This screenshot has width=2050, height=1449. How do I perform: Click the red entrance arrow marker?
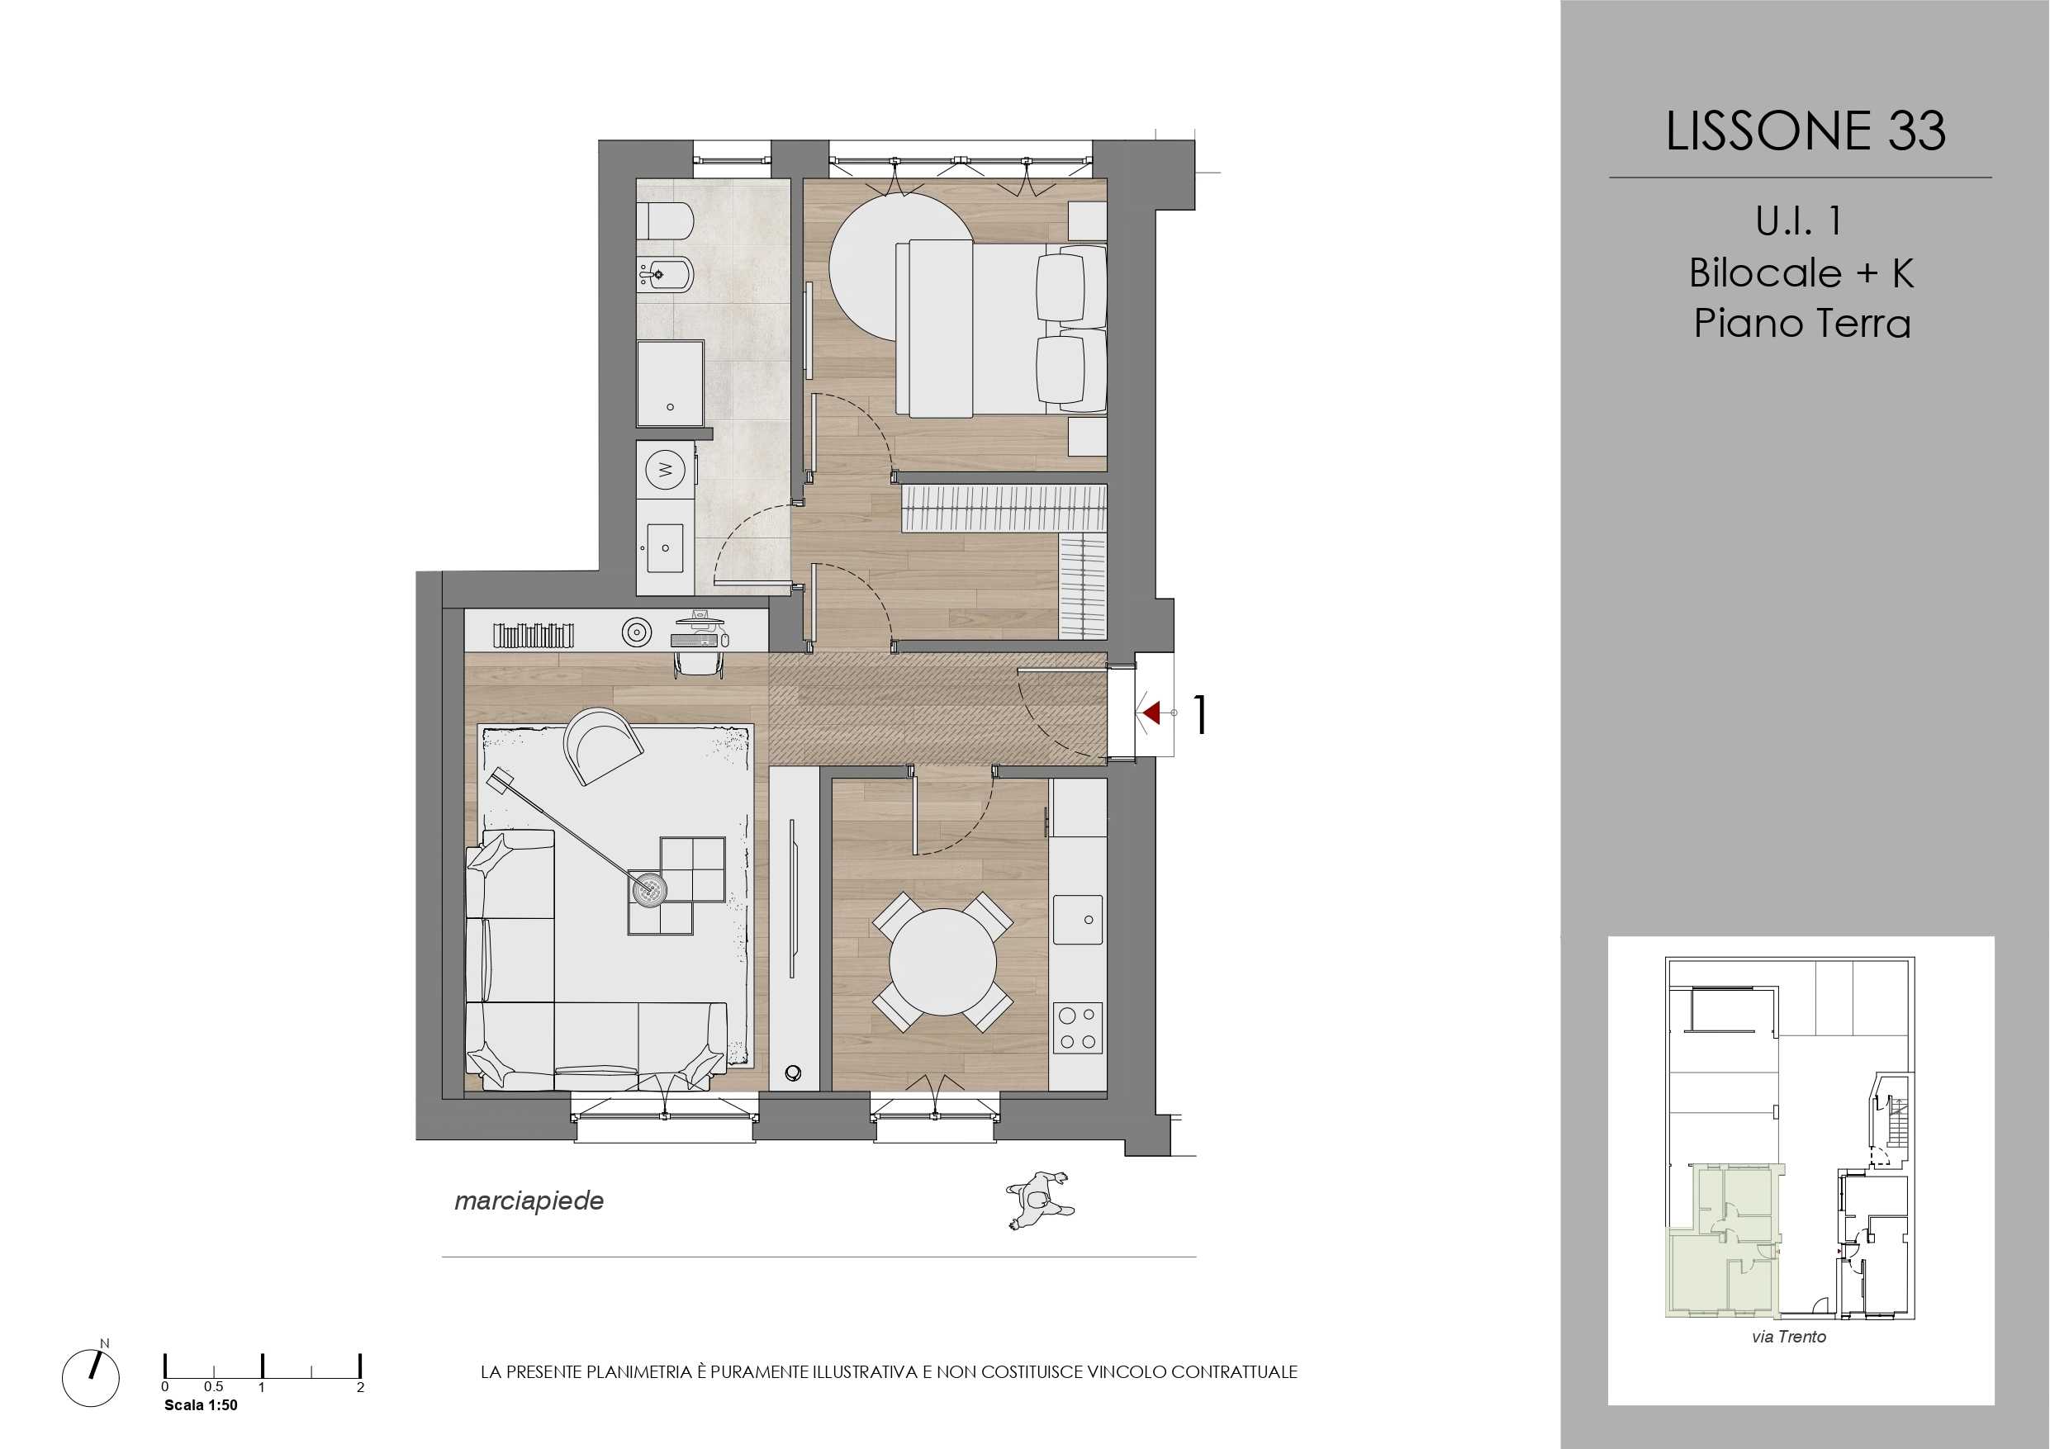click(x=1151, y=713)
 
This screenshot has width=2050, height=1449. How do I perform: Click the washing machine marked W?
click(x=665, y=469)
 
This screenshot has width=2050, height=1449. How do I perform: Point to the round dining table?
click(x=942, y=962)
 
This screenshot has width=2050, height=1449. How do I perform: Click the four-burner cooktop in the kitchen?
click(x=1078, y=1029)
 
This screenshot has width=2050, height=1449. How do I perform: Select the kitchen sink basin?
click(x=1078, y=920)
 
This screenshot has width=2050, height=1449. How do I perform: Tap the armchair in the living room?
click(x=603, y=746)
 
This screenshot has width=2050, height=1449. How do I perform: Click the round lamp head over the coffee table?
click(x=649, y=888)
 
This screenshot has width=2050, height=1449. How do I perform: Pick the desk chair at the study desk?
click(x=698, y=663)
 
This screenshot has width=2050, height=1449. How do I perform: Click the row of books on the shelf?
click(x=534, y=635)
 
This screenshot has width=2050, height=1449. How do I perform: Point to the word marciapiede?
click(x=529, y=1200)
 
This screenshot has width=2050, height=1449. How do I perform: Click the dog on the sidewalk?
click(x=1039, y=1200)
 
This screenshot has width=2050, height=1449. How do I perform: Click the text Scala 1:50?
click(x=201, y=1405)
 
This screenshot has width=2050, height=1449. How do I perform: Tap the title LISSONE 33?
click(x=1806, y=131)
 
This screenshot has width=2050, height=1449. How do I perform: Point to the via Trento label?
click(x=1788, y=1337)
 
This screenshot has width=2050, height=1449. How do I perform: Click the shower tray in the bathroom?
click(x=671, y=383)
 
